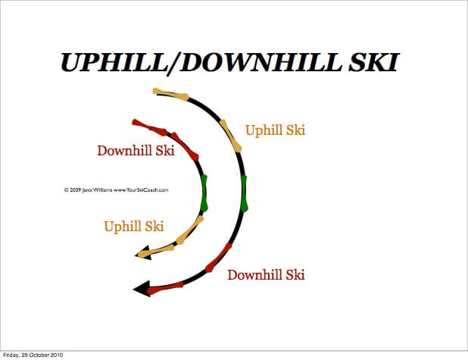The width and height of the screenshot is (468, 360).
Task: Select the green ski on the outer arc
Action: coord(244,193)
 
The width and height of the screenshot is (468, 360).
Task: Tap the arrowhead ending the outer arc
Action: coord(140,288)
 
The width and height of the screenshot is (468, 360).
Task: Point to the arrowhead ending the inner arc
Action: coord(143,255)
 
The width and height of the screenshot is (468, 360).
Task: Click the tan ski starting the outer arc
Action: coord(170,94)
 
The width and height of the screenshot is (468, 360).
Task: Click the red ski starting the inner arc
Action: coord(150,125)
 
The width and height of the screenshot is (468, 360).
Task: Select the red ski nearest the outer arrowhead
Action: coord(166,287)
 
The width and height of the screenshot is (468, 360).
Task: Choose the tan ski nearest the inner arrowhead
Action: coord(160,249)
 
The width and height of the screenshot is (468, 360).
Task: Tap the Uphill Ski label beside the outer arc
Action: coord(275,130)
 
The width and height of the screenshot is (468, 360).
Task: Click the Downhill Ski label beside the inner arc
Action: coord(136,150)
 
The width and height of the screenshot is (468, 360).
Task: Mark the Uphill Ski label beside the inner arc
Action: coord(134,226)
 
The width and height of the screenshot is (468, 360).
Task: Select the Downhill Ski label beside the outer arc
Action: coord(266,274)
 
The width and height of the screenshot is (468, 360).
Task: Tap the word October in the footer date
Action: coord(39,355)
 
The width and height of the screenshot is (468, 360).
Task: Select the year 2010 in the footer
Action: coord(57,355)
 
